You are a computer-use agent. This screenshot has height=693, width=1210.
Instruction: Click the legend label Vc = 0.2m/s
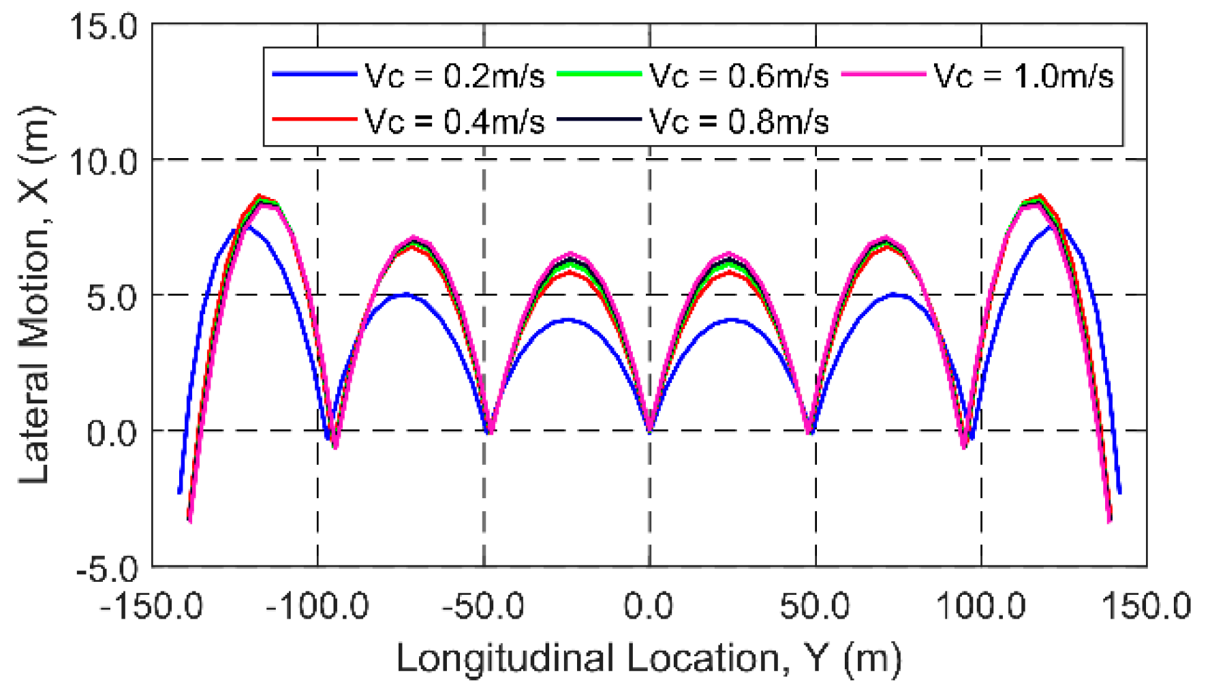coord(454,76)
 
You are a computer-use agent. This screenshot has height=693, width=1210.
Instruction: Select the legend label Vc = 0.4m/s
coord(454,122)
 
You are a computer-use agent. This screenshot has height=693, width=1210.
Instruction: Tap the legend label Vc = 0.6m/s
coord(739,76)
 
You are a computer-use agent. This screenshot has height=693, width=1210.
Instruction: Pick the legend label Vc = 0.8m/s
coord(739,122)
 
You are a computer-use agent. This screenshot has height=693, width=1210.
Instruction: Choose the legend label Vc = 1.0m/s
coord(1023,76)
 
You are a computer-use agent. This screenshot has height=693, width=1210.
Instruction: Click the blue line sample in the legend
coord(314,74)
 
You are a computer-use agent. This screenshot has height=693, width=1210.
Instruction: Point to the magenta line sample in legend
coord(884,74)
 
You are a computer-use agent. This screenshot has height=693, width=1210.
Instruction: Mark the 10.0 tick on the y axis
coord(104,162)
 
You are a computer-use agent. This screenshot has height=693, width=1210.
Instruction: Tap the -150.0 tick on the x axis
coord(151,606)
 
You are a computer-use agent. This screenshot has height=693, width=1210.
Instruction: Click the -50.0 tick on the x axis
coord(483,606)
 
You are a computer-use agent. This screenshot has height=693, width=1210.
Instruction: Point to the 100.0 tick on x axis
coord(981,606)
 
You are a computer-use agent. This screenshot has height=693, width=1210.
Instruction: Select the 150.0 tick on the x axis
coord(1147,606)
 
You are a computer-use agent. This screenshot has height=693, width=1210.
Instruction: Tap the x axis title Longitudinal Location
coord(649,659)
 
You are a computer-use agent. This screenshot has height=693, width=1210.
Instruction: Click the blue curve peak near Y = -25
coord(567,319)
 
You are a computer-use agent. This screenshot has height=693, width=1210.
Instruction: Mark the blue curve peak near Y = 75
coord(894,294)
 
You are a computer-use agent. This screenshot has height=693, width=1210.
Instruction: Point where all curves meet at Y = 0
coord(649,430)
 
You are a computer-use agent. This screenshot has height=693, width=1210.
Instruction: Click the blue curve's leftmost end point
coord(179,492)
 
